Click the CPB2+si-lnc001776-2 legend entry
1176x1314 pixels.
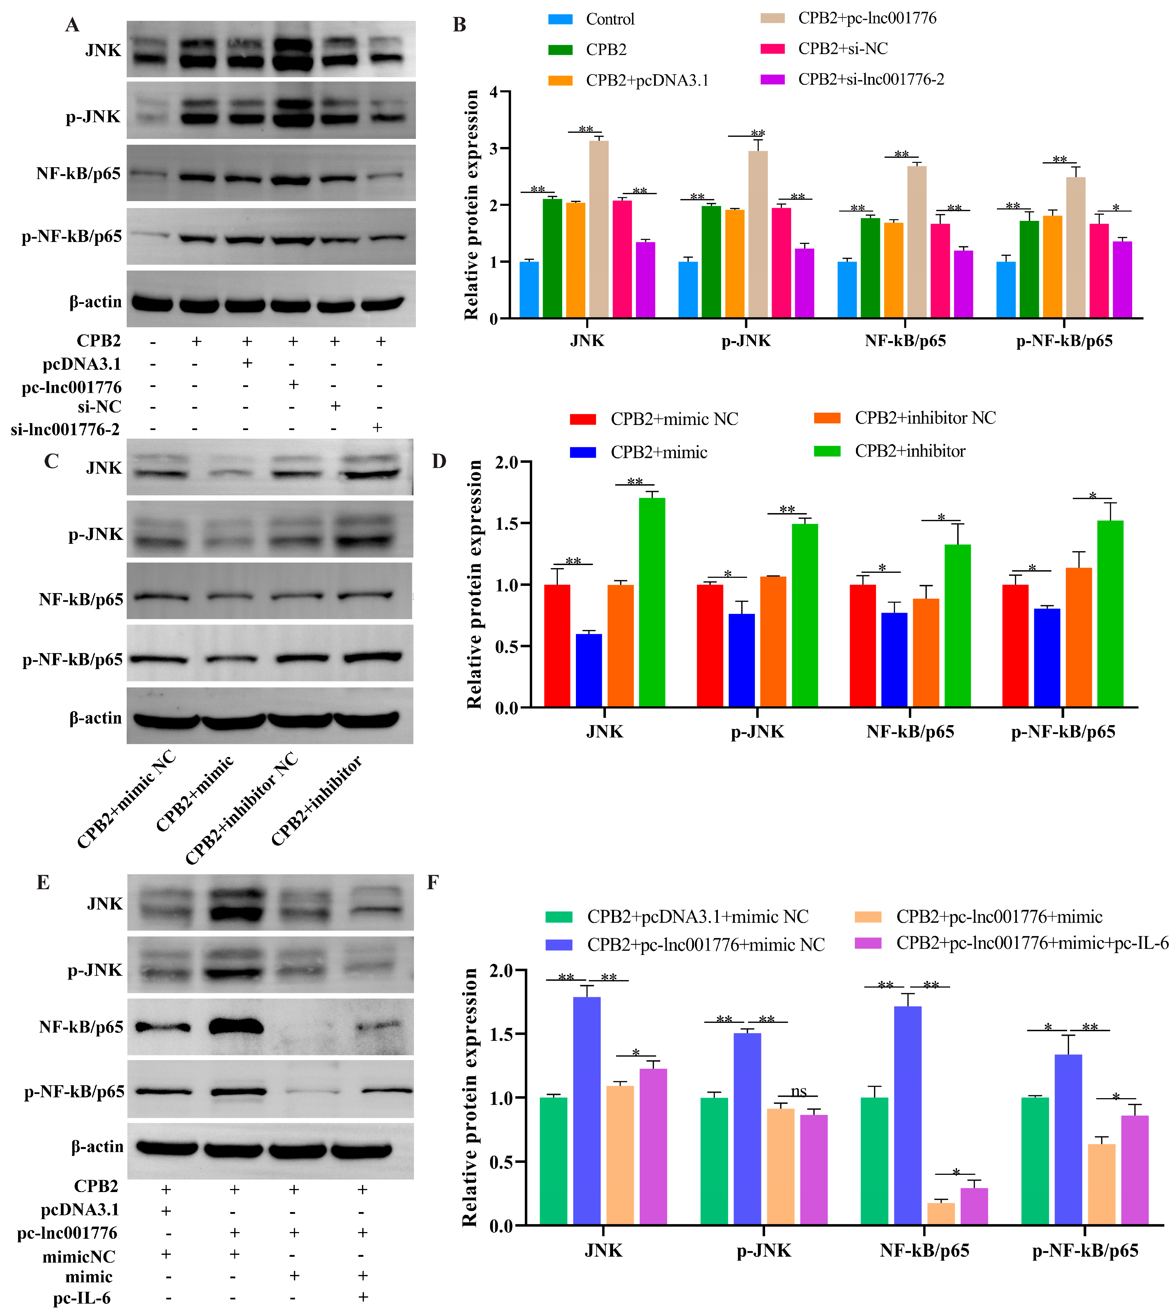point(870,79)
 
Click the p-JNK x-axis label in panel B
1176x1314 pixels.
point(746,341)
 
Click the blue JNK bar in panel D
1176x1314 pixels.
point(589,670)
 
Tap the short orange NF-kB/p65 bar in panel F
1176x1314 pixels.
point(941,1213)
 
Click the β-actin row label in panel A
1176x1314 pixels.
point(96,302)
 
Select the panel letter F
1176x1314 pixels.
point(433,883)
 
